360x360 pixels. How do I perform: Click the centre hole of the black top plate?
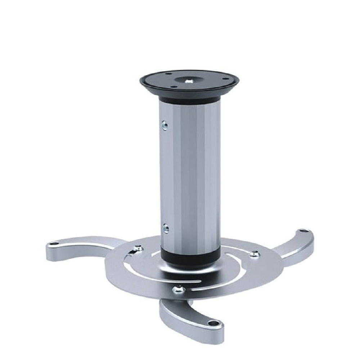(188, 81)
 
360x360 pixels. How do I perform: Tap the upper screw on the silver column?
(165, 125)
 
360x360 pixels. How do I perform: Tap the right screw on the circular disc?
(255, 254)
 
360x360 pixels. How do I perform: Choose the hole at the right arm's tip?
(302, 230)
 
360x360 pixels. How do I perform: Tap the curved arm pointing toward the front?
(187, 313)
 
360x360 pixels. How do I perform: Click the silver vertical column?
(189, 173)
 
